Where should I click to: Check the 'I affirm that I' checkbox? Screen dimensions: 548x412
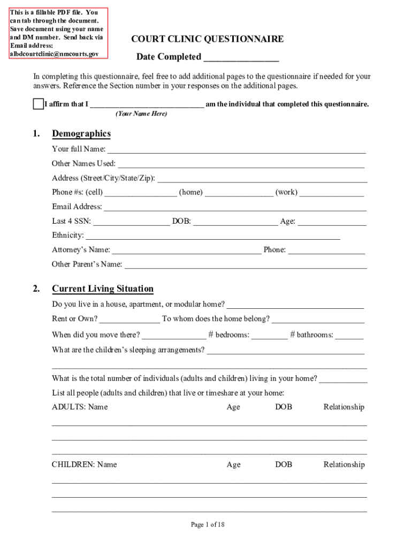[38, 104]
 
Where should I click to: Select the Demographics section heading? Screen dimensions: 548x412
[81, 134]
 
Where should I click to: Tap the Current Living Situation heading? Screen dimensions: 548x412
[103, 289]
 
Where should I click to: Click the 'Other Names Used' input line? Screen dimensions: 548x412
[241, 164]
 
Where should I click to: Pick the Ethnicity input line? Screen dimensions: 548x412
[213, 236]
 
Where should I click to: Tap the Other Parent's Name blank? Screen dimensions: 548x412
[245, 265]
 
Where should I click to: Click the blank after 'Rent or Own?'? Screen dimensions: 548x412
[129, 319]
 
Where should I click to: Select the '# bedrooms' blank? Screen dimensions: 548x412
[269, 336]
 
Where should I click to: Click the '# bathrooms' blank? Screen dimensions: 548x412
[349, 336]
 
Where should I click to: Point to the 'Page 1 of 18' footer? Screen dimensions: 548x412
[208, 525]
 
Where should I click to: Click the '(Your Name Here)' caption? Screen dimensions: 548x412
[141, 114]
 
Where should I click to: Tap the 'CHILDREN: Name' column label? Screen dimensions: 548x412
[84, 465]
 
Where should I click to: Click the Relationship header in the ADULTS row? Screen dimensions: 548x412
[344, 407]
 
